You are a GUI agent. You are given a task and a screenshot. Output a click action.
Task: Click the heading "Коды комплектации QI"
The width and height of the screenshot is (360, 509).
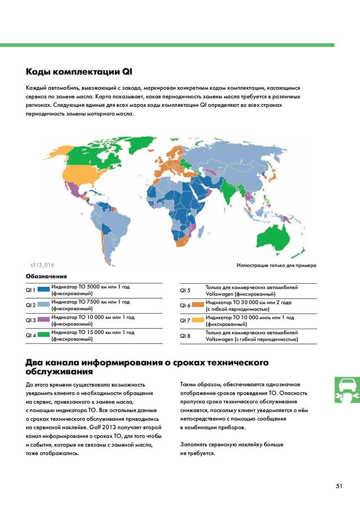[79, 71]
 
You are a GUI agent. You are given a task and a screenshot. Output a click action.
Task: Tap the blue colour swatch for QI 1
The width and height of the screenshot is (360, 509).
[43, 289]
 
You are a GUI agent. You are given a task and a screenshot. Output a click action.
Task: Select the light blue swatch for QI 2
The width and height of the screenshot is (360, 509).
[43, 305]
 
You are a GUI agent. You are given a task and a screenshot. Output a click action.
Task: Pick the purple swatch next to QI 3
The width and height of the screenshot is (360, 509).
[43, 320]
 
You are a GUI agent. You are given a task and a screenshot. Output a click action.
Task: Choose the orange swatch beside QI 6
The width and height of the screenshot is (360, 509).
[198, 305]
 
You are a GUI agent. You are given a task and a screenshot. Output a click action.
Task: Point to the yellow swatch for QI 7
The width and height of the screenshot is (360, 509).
[198, 320]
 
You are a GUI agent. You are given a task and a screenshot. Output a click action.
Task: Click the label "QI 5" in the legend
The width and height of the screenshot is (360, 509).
[185, 290]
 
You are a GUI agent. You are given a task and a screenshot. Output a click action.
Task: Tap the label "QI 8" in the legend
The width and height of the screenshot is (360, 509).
[185, 336]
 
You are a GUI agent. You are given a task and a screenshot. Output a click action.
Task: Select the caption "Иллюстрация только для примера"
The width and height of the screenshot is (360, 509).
[276, 265]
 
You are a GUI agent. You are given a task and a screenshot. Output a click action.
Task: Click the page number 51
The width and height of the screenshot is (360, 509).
[339, 486]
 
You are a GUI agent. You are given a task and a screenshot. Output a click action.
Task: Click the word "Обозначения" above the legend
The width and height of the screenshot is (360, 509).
[46, 276]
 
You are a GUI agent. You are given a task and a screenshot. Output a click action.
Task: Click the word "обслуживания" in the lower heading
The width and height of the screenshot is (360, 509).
[59, 371]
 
